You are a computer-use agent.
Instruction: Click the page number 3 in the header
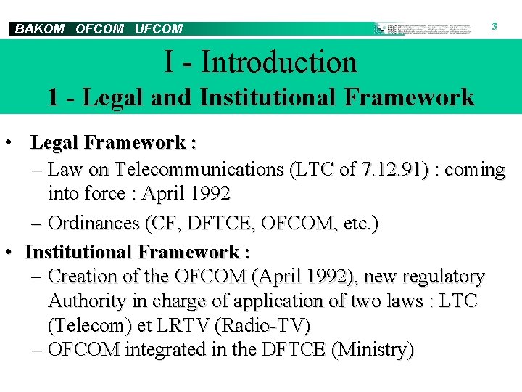point(494,26)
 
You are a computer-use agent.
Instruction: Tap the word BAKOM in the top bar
point(40,29)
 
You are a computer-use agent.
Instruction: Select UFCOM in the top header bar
point(159,29)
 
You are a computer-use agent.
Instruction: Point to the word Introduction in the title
point(279,62)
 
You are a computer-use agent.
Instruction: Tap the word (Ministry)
point(372,350)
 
